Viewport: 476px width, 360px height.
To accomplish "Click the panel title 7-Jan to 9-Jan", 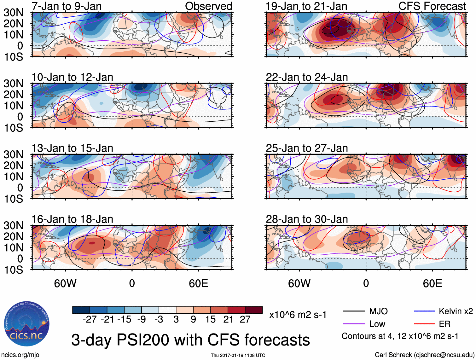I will tap(67, 6).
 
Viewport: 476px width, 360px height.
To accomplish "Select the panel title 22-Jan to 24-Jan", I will tap(307, 77).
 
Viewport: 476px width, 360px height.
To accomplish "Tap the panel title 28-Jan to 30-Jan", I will tap(307, 219).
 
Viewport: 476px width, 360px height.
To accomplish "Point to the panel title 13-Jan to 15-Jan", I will tap(72, 148).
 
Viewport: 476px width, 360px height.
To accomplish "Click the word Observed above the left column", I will tap(208, 6).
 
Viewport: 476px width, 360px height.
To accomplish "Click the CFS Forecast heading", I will tap(432, 6).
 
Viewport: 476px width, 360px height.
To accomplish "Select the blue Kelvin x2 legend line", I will tap(424, 311).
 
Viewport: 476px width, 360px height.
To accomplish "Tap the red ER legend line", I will tap(424, 324).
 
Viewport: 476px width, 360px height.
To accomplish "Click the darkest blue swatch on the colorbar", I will tap(81, 310).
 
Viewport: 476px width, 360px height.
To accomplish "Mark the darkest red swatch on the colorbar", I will tap(254, 310).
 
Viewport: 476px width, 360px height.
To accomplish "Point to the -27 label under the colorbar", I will tap(90, 320).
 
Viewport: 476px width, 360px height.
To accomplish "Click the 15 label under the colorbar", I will tap(211, 320).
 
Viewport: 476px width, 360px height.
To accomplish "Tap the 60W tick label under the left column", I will tap(65, 283).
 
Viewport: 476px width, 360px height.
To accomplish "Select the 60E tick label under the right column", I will tap(432, 283).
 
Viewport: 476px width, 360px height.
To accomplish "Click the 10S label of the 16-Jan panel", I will tap(13, 270).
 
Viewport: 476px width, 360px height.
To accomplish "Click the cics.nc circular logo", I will tap(27, 324).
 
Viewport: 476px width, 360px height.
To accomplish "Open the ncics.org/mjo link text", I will tap(20, 355).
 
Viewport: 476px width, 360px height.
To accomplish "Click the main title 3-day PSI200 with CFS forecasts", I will tap(190, 340).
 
